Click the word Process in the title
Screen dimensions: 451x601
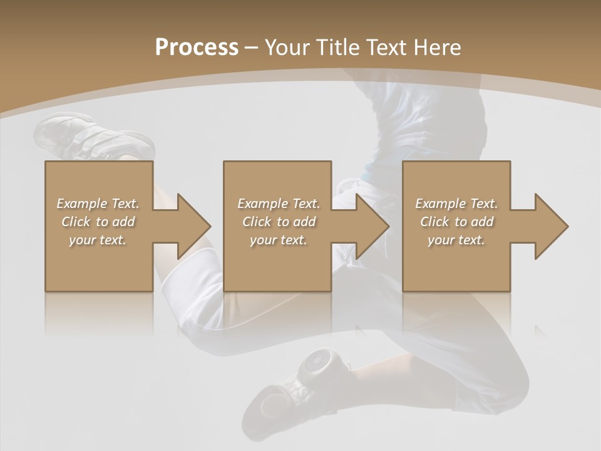(197, 48)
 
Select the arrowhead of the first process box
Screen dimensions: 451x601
(191, 226)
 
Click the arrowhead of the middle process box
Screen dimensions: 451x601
(370, 226)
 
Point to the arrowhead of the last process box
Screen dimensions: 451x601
(549, 226)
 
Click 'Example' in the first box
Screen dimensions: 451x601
(81, 204)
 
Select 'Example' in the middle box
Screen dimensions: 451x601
(262, 204)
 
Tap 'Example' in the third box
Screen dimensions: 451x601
(440, 204)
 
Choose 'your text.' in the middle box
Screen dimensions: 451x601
(279, 240)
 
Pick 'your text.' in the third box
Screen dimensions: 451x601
(456, 240)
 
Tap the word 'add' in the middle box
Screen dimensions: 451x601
(304, 222)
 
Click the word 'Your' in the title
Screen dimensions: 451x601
(285, 48)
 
